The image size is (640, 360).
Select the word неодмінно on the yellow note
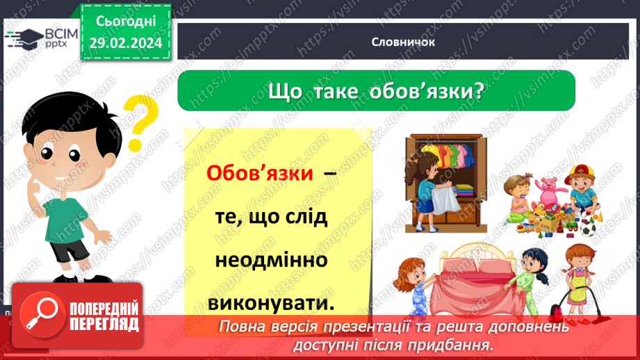[271, 261]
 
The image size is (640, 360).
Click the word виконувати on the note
[271, 304]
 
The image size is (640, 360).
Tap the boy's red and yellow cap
[581, 173]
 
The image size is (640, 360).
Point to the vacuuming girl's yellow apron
[579, 285]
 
